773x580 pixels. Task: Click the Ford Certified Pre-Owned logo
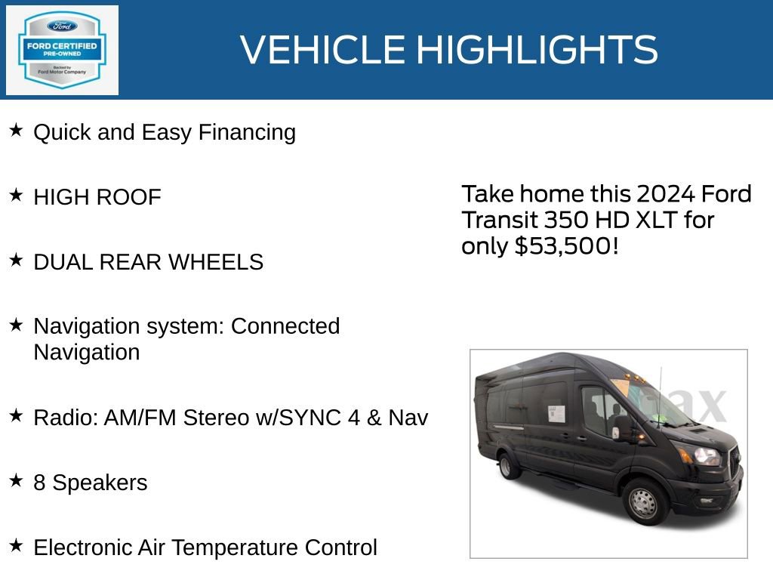62,50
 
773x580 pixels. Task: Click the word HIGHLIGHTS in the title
537,50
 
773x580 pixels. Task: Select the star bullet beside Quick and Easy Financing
16,131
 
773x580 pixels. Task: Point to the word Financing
247,132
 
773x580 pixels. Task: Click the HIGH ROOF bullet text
97,197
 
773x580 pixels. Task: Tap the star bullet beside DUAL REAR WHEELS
16,261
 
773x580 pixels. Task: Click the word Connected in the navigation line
285,326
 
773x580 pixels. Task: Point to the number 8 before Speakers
39,483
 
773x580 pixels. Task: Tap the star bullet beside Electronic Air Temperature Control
16,545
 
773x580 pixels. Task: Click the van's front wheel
643,501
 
